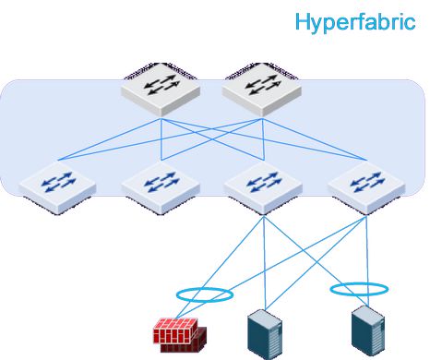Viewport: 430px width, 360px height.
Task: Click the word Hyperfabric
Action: click(x=354, y=21)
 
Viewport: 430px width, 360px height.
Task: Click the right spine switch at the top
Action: click(x=261, y=90)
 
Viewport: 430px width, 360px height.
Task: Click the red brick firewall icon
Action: click(x=177, y=334)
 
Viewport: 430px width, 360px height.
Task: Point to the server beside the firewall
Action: click(x=265, y=333)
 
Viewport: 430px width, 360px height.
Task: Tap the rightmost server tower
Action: click(x=367, y=333)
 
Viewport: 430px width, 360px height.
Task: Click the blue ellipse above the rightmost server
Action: click(x=357, y=289)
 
